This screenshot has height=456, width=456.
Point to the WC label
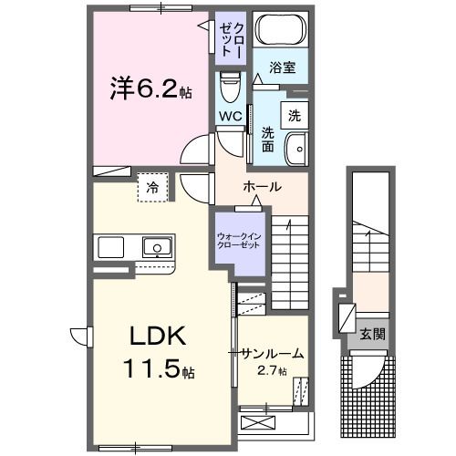pyautogui.click(x=229, y=116)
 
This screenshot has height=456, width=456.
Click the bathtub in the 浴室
pyautogui.click(x=279, y=31)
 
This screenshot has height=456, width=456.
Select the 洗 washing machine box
pyautogui.click(x=294, y=115)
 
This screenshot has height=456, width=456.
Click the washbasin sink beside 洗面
pyautogui.click(x=295, y=148)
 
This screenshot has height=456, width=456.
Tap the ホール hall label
pyautogui.click(x=262, y=187)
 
